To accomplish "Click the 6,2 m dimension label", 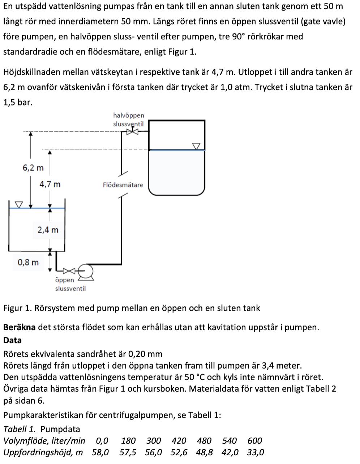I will click(x=33, y=168).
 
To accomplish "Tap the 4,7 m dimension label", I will click(x=50, y=184).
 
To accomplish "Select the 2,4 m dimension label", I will click(x=48, y=230).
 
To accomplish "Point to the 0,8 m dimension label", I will click(x=28, y=262).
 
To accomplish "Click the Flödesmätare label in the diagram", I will click(x=123, y=185).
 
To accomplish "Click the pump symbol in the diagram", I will click(x=86, y=271).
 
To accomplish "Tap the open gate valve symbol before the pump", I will click(x=69, y=270).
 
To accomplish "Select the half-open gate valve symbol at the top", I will click(x=133, y=132).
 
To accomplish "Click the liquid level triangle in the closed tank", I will click(x=196, y=146).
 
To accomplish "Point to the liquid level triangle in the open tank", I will click(x=18, y=205).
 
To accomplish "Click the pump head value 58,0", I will click(x=100, y=452).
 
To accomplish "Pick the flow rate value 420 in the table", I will click(x=179, y=441).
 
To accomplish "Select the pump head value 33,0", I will click(x=256, y=452).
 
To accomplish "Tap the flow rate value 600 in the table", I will click(x=255, y=441).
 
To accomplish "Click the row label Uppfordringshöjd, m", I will click(x=43, y=452).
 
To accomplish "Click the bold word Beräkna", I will click(x=19, y=327).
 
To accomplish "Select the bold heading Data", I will click(x=12, y=340).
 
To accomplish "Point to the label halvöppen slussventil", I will click(x=128, y=120).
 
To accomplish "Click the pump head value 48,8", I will click(x=205, y=452).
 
